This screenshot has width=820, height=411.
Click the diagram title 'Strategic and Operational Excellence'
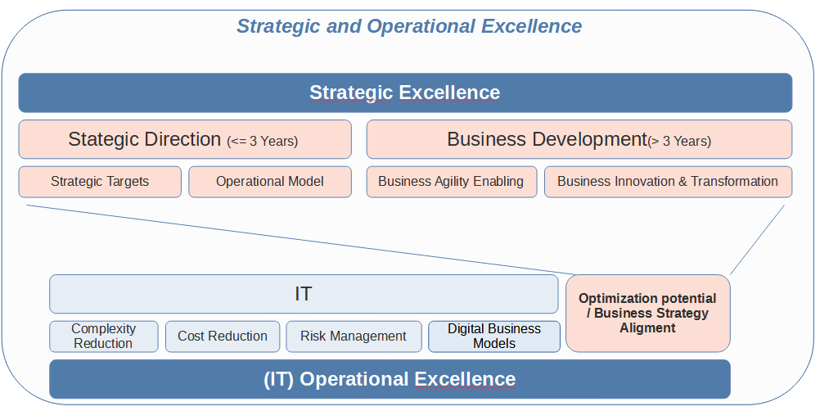point(409,26)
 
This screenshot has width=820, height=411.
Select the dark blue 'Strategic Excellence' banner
point(405,93)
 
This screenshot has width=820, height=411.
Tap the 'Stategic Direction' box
point(185,139)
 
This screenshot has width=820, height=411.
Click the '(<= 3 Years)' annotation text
point(263,141)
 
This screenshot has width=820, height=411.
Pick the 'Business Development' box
point(579,139)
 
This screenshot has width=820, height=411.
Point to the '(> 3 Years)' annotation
point(679,141)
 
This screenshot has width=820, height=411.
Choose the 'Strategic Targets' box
point(100,182)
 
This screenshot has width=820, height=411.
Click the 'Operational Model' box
point(270,182)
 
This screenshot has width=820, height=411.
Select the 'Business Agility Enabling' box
point(451,182)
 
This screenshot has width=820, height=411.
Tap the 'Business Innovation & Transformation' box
point(669,182)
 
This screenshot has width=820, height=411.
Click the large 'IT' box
point(304,294)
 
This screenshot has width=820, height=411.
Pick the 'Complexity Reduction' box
point(104,336)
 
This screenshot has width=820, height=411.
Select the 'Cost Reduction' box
point(223,336)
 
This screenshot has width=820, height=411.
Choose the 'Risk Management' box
point(354,336)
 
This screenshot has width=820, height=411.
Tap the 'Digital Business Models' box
point(494,336)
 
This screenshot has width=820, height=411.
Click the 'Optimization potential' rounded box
point(648,314)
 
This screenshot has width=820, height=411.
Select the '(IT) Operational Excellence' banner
point(390,379)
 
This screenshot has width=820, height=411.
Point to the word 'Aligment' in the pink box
point(647,328)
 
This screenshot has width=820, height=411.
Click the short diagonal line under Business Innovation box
point(757,240)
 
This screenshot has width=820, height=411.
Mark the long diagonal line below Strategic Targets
point(300,240)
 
